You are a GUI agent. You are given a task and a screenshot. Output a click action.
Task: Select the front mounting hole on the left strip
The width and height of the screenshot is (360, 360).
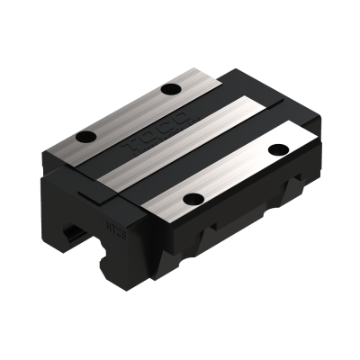[87, 138]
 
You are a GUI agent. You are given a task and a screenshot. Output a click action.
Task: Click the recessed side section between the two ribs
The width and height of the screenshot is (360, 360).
[256, 211]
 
